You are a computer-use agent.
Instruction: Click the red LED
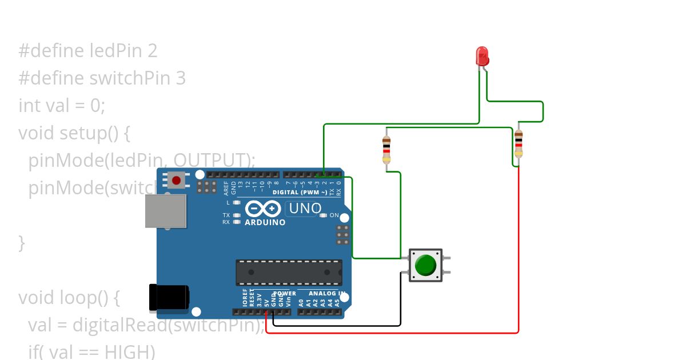click(482, 56)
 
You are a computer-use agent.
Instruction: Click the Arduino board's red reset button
click(176, 181)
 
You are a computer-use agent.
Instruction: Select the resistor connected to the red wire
click(518, 143)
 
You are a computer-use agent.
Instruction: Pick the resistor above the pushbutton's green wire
click(386, 150)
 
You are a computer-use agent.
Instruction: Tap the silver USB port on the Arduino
click(166, 211)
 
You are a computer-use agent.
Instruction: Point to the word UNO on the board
click(305, 209)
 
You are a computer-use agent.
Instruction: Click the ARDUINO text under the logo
click(265, 222)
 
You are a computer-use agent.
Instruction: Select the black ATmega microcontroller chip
click(289, 273)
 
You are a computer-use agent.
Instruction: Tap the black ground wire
click(343, 326)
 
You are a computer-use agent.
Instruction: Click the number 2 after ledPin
click(151, 51)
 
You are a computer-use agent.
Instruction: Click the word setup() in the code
click(95, 133)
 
